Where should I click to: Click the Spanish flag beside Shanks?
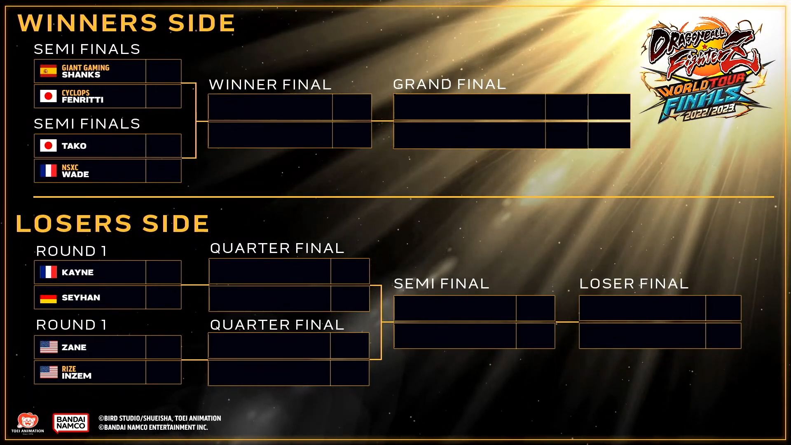pos(48,71)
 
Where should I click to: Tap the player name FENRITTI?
pos(82,100)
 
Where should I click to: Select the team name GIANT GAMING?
pos(85,68)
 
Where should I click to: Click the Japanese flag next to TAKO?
pos(48,145)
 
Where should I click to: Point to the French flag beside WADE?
pos(48,171)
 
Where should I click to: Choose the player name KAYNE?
pos(77,272)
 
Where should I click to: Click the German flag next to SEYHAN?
pos(48,297)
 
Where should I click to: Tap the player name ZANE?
pos(74,347)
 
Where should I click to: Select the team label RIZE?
pos(69,369)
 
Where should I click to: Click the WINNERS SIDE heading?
pos(126,23)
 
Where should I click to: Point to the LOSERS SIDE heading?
pos(112,223)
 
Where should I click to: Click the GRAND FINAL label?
pos(449,84)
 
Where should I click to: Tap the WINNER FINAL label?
pos(270,85)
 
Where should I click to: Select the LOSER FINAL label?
pos(634,284)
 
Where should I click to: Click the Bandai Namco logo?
pos(71,423)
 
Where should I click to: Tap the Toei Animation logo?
pos(27,424)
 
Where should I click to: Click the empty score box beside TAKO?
pos(164,145)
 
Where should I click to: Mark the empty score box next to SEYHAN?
pos(164,297)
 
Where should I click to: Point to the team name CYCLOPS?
pos(75,93)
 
